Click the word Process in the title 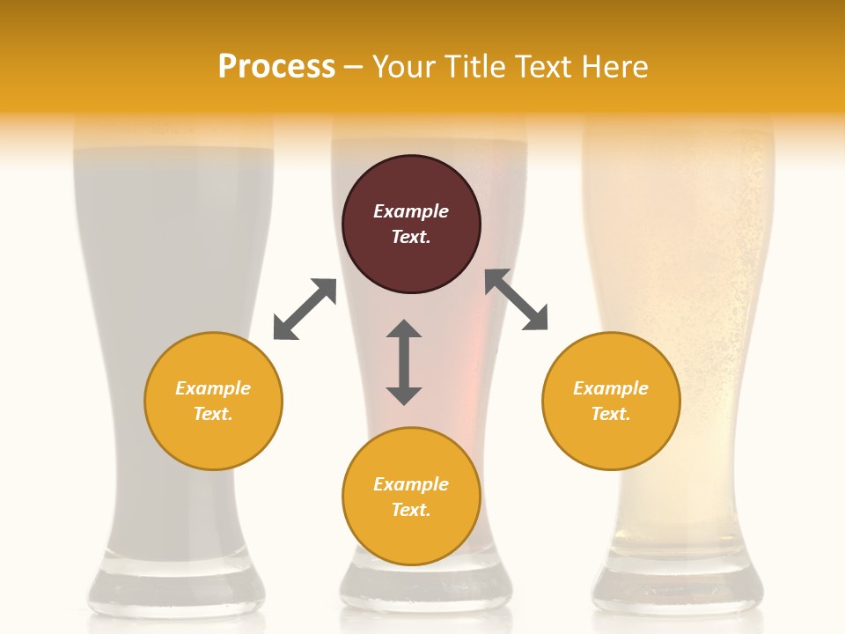276,67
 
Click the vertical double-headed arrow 404,362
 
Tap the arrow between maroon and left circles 305,309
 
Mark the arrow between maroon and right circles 517,299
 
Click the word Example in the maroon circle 411,211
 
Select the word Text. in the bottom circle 411,510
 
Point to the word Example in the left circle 213,388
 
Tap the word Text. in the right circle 611,414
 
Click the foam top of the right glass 678,132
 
